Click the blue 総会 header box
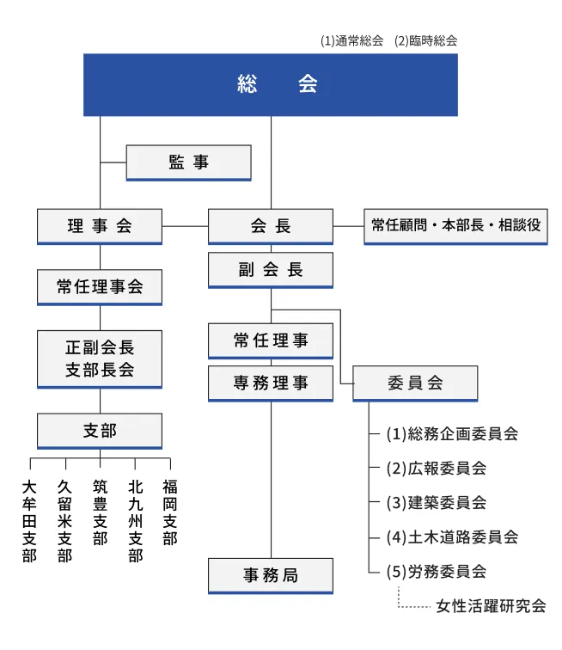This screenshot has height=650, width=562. [x=271, y=84]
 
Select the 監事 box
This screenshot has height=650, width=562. [x=188, y=162]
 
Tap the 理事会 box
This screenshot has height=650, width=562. [x=100, y=226]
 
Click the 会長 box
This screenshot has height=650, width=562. [x=271, y=226]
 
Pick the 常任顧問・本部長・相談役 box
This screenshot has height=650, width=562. [x=455, y=226]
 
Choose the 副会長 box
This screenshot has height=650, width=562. [x=271, y=270]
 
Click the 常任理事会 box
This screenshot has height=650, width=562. [x=100, y=287]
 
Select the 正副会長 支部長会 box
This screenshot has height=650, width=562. [x=100, y=359]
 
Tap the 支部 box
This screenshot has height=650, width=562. [x=100, y=431]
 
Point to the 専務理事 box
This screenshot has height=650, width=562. [x=271, y=383]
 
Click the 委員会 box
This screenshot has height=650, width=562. [x=415, y=383]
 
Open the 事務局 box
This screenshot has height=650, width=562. [x=271, y=575]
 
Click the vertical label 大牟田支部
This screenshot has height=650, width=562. [x=30, y=521]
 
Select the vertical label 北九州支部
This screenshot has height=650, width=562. [x=136, y=521]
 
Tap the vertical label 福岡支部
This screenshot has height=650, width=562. [x=170, y=512]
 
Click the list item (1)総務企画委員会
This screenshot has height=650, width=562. [x=452, y=433]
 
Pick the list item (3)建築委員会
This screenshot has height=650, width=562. [x=437, y=502]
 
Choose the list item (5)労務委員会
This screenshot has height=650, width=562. [x=437, y=571]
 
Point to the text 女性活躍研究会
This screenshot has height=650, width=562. [x=491, y=606]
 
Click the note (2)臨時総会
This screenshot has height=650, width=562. [x=425, y=40]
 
